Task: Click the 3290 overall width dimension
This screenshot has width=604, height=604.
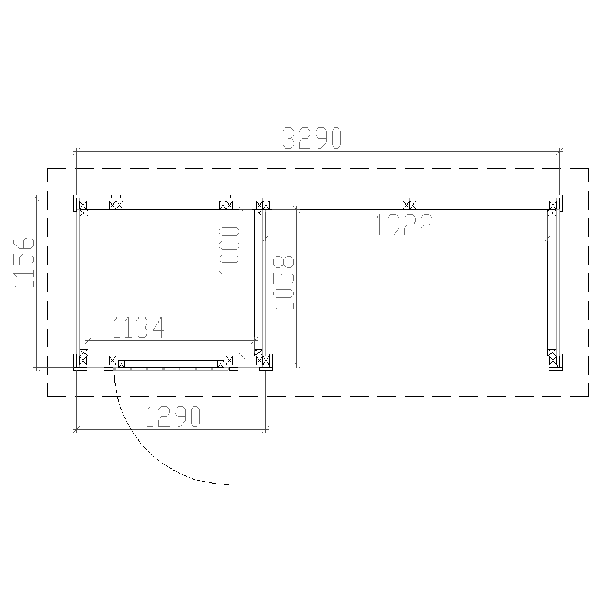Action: pyautogui.click(x=311, y=138)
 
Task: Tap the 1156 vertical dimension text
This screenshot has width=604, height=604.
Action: pyautogui.click(x=24, y=262)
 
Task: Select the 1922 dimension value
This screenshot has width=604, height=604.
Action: pyautogui.click(x=404, y=225)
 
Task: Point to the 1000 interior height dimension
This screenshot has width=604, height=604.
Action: pyautogui.click(x=229, y=251)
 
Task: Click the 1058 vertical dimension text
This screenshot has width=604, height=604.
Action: pyautogui.click(x=283, y=282)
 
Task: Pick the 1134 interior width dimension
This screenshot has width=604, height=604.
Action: pyautogui.click(x=139, y=328)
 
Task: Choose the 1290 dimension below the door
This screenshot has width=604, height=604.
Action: pyautogui.click(x=173, y=417)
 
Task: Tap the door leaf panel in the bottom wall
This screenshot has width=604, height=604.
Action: pyautogui.click(x=171, y=364)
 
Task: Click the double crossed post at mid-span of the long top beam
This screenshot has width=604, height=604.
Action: pyautogui.click(x=409, y=205)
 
